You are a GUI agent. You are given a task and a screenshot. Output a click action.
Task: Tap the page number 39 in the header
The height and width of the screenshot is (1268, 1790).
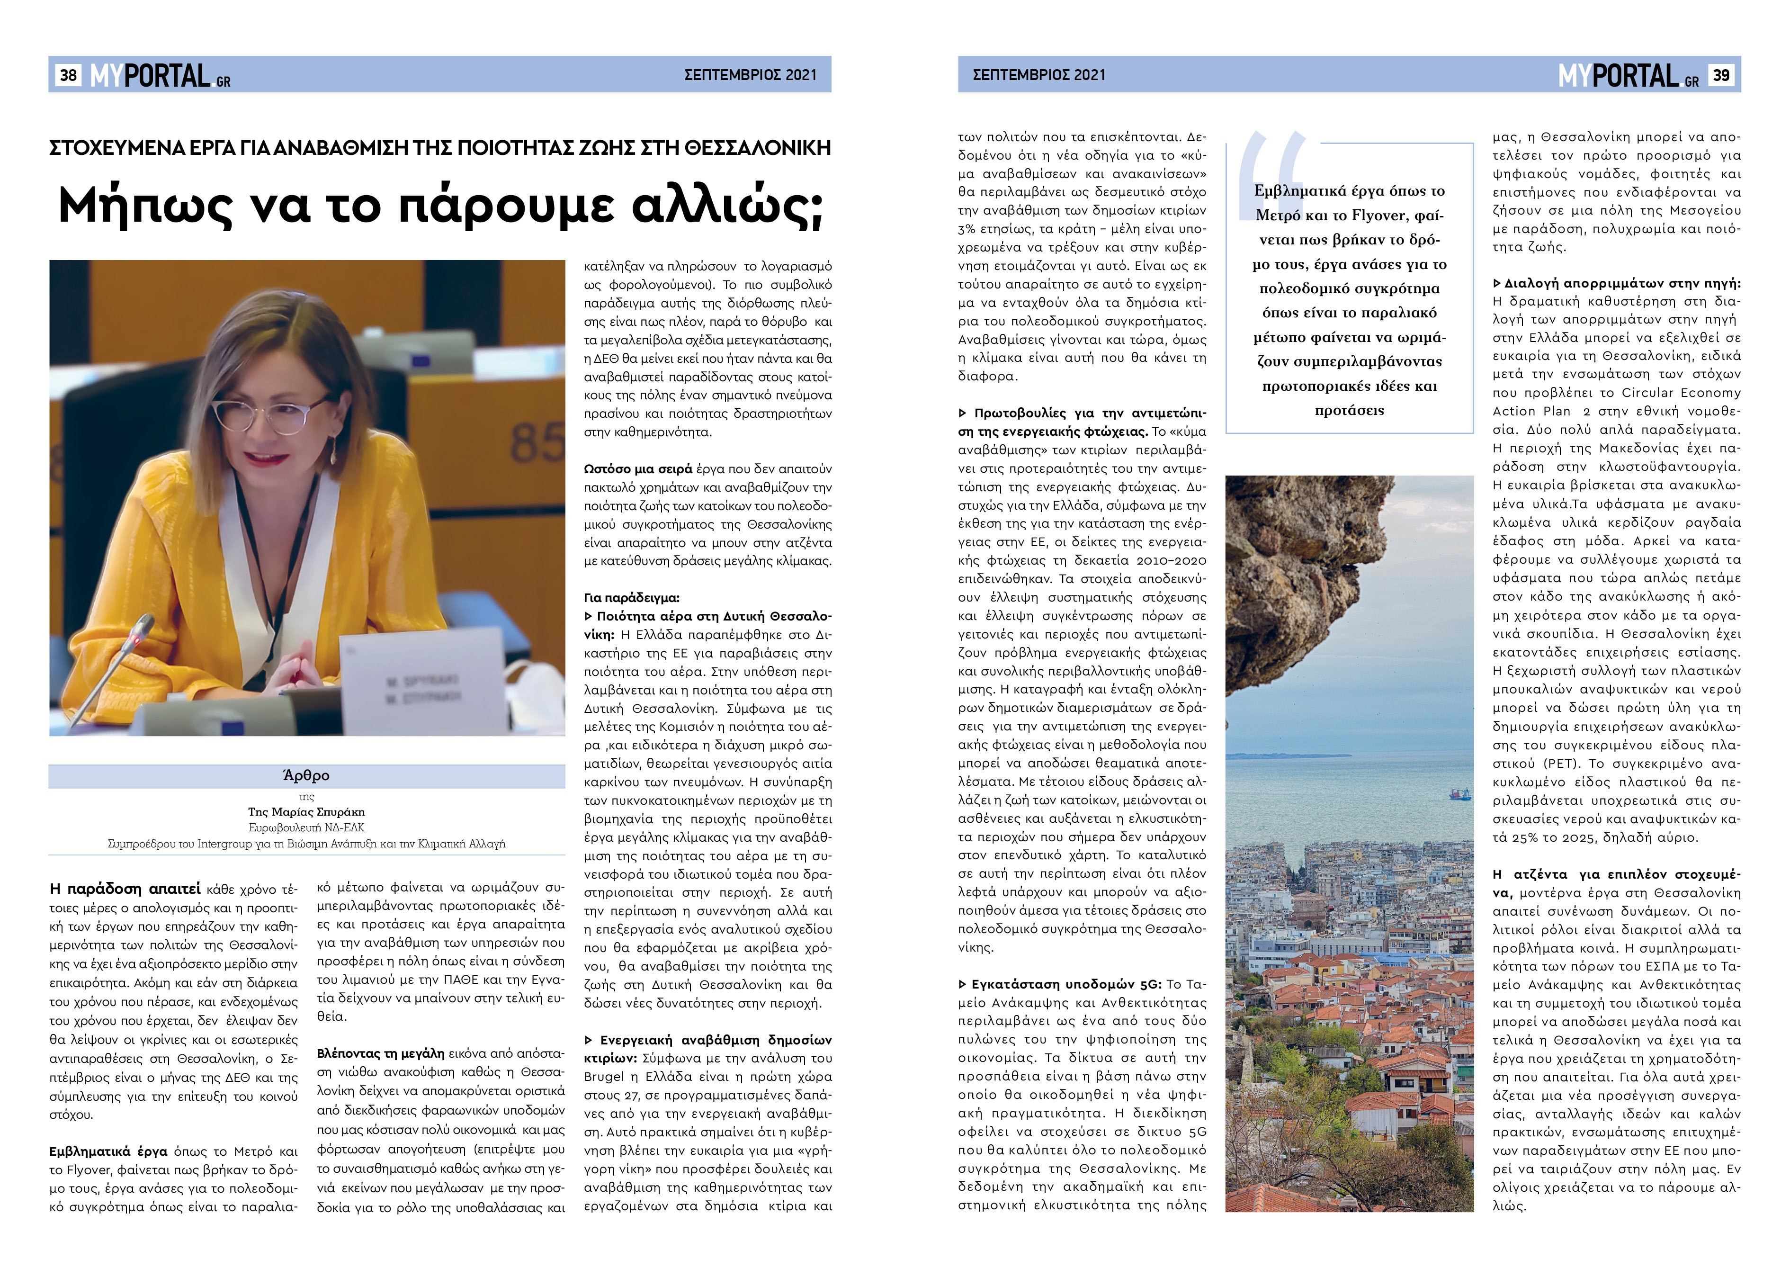(x=1720, y=75)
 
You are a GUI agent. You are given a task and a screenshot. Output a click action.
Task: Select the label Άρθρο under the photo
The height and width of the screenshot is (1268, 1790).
(x=306, y=775)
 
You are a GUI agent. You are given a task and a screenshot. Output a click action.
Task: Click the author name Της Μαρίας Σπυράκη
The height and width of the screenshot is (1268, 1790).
(x=306, y=812)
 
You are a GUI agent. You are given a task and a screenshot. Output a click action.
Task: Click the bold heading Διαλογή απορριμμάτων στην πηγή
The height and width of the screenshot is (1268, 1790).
(x=1622, y=283)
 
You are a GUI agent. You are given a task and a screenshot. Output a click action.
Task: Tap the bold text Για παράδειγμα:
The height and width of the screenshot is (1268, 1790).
(x=632, y=598)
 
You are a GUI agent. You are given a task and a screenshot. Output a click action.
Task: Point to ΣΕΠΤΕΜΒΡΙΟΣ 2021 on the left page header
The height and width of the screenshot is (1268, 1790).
(x=750, y=75)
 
